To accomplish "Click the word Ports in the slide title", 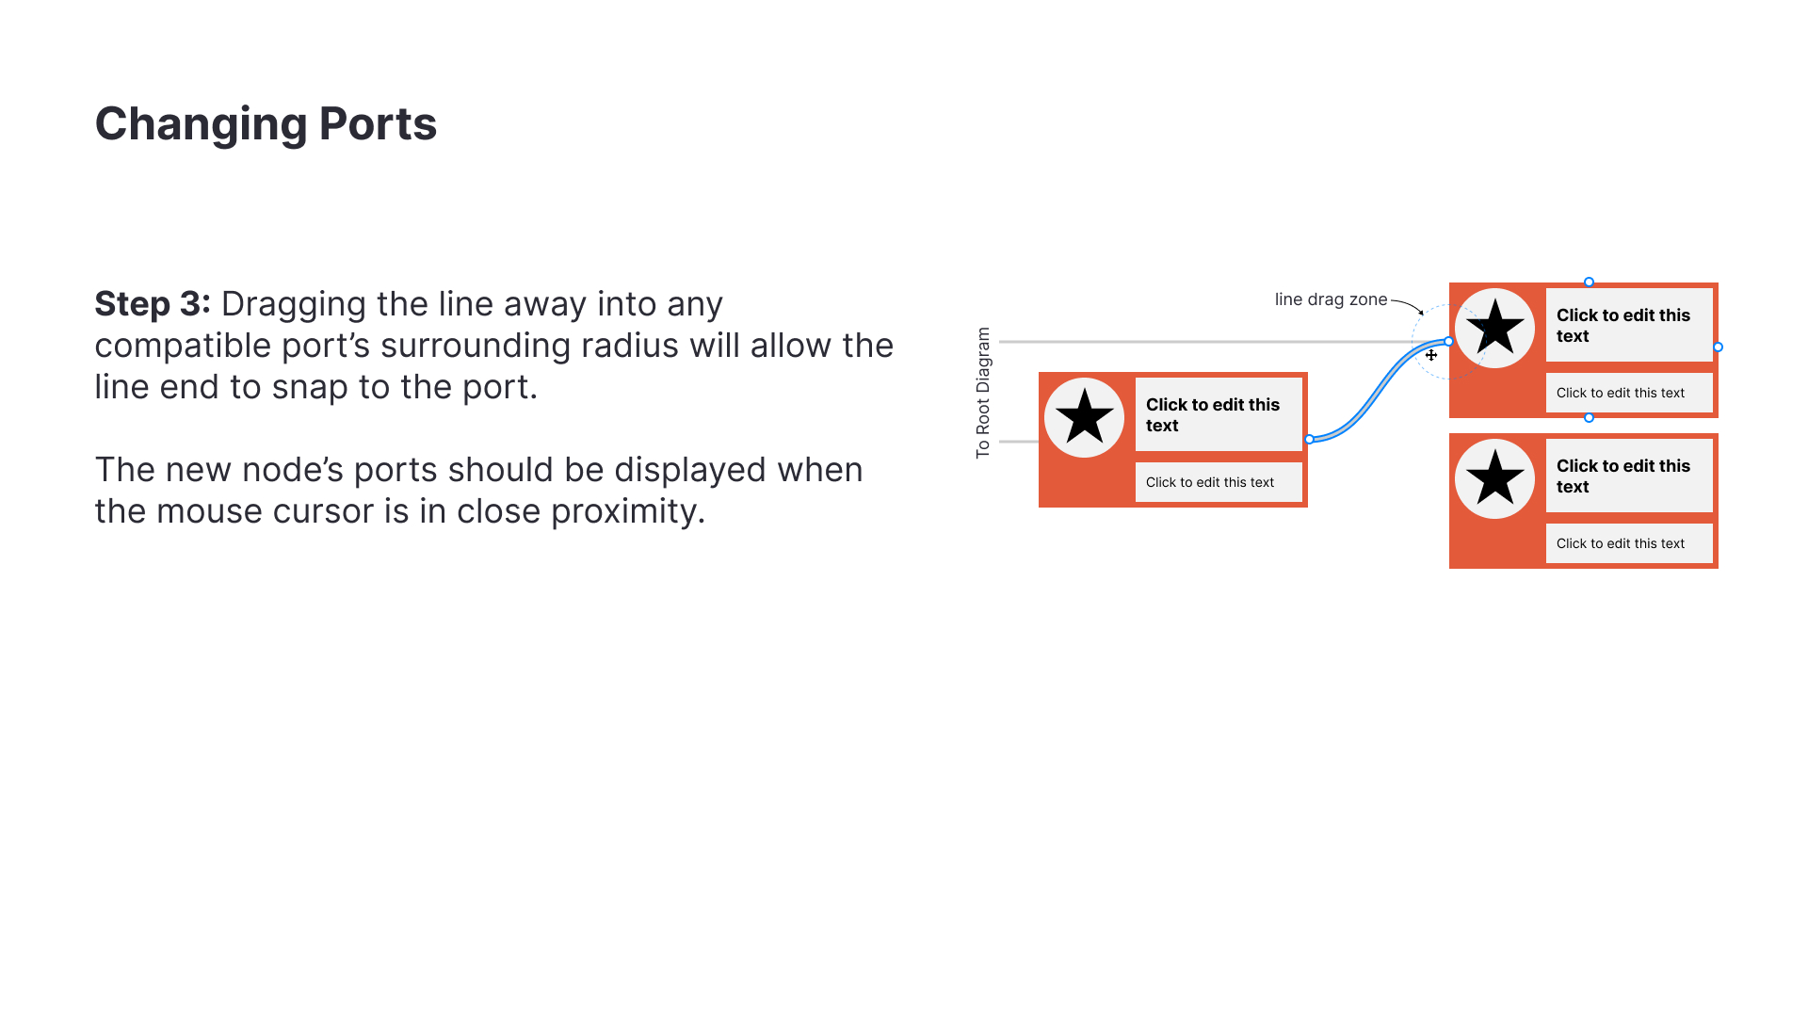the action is [x=378, y=123].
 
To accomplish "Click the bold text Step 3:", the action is [x=153, y=304].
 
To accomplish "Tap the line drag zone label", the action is [x=1331, y=299].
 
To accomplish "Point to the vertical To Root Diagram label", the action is [x=983, y=393].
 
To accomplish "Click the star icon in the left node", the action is [x=1084, y=417].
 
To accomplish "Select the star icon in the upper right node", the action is [x=1494, y=328].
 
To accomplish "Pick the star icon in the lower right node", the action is [x=1494, y=478].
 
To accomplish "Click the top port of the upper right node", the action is [x=1589, y=282].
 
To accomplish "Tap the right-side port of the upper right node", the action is [x=1718, y=347].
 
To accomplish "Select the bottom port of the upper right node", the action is [x=1589, y=417].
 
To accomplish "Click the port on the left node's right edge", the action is [x=1309, y=439].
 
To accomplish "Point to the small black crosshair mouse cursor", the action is [x=1431, y=355].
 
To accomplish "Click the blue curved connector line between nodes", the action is [x=1378, y=391].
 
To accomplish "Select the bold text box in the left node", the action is [x=1219, y=414].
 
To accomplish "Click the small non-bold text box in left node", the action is [x=1219, y=482].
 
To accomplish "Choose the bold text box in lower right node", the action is [x=1629, y=476].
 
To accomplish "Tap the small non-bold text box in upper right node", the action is [x=1629, y=393].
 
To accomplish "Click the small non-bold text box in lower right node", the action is [x=1629, y=543].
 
